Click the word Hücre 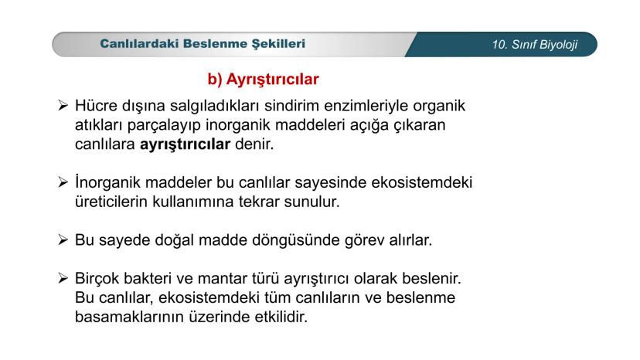point(99,105)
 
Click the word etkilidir point(280,316)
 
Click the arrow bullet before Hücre point(65,105)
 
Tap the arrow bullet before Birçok point(65,277)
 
